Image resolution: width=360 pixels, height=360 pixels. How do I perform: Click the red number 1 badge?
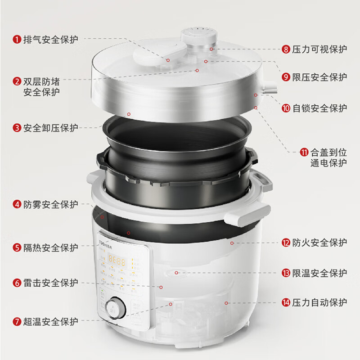pyautogui.click(x=17, y=40)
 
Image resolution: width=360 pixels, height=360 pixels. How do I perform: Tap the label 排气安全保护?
pyautogui.click(x=50, y=40)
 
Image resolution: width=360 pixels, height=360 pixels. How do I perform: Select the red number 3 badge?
pyautogui.click(x=17, y=128)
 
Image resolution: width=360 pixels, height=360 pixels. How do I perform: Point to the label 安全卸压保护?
pyautogui.click(x=50, y=128)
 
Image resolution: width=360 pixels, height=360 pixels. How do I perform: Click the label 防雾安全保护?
pyautogui.click(x=50, y=204)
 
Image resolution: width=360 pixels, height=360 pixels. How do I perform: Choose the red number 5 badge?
pyautogui.click(x=17, y=247)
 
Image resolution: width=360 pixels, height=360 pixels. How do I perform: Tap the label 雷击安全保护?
pyautogui.click(x=50, y=283)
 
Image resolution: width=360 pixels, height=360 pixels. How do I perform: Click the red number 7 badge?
pyautogui.click(x=17, y=321)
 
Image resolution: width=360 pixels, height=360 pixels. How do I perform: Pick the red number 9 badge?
pyautogui.click(x=286, y=77)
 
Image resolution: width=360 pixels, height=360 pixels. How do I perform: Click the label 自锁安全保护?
pyautogui.click(x=319, y=108)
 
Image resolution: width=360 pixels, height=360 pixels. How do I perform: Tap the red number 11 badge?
pyautogui.click(x=305, y=153)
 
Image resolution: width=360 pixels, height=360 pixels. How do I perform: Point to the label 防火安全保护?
pyautogui.click(x=319, y=243)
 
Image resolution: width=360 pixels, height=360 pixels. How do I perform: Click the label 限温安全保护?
pyautogui.click(x=319, y=273)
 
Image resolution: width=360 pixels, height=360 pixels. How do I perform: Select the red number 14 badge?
pyautogui.click(x=286, y=302)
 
